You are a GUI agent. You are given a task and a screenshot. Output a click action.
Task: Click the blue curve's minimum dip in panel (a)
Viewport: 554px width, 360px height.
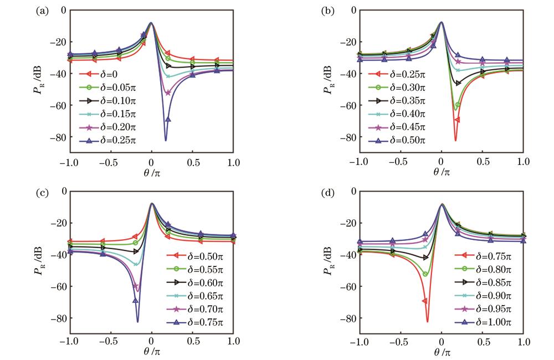tap(165, 140)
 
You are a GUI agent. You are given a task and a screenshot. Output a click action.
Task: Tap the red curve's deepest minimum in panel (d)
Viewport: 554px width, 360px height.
tap(427, 321)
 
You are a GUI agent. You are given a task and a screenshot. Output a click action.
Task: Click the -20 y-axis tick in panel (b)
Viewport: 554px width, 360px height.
tap(348, 42)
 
